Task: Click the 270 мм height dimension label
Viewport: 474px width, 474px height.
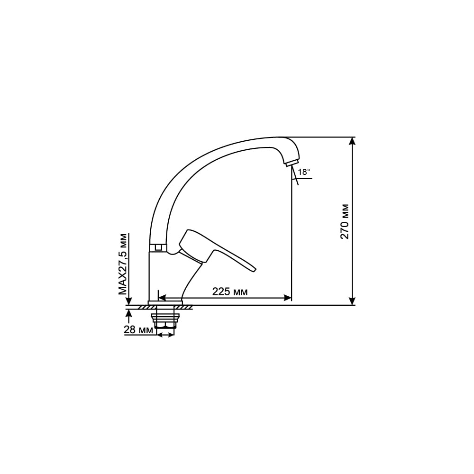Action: [345, 221]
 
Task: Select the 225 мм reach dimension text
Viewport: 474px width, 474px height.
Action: [230, 292]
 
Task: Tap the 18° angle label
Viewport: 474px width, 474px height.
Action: [304, 172]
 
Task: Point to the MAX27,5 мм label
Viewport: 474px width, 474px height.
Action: [123, 264]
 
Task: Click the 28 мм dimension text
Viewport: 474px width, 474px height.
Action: [138, 330]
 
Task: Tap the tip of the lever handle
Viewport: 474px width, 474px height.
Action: [255, 269]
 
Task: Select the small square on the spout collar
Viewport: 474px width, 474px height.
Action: [158, 247]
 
